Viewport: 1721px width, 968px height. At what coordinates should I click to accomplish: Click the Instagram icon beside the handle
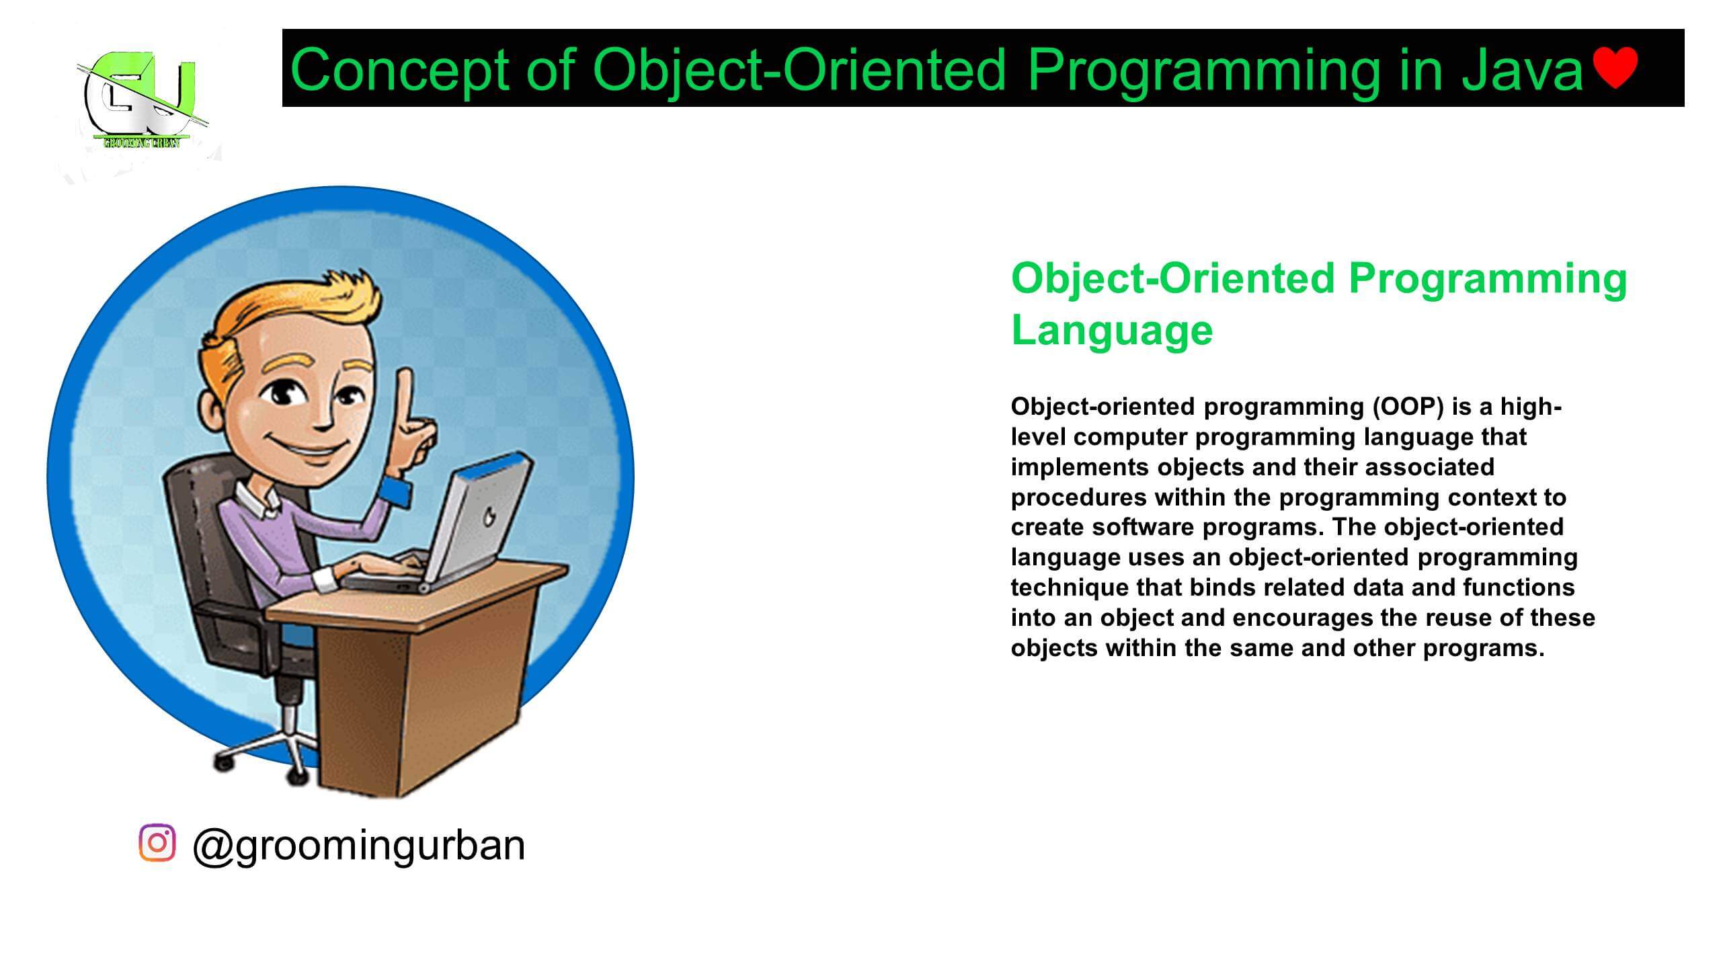[x=157, y=842]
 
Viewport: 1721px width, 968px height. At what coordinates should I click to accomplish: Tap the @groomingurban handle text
[x=358, y=845]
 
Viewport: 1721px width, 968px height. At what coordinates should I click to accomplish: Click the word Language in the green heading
[x=1111, y=330]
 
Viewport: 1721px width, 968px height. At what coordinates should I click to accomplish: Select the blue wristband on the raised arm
[x=397, y=492]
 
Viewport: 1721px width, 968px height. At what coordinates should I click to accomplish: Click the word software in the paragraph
[x=1143, y=527]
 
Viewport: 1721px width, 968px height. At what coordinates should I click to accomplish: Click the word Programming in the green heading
[x=1487, y=278]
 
